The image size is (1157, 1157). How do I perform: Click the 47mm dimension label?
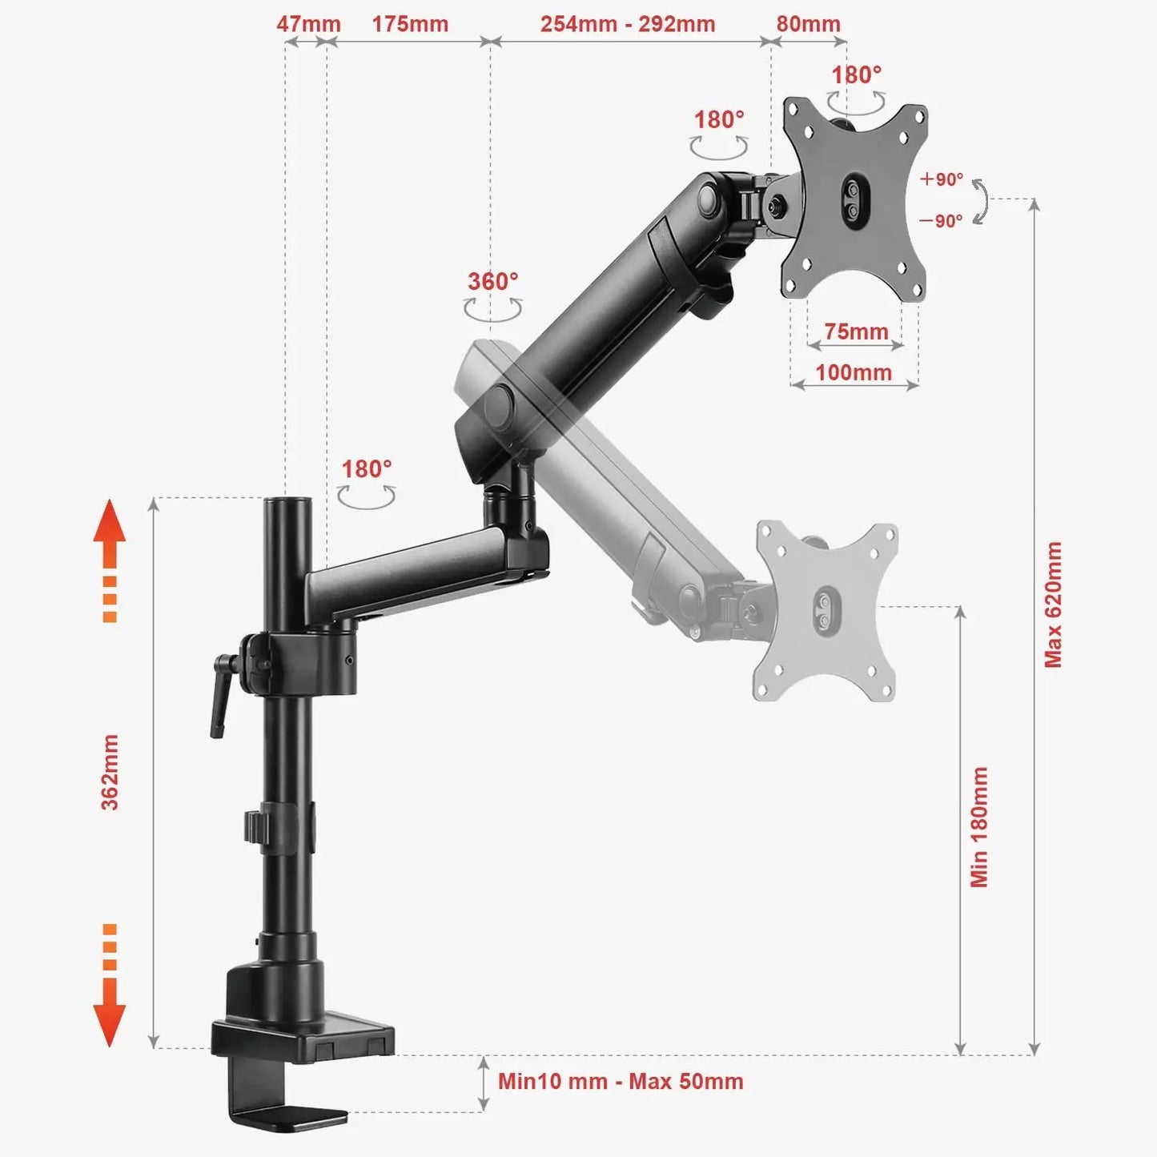coord(308,25)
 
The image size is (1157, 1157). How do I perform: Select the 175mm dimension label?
coord(410,25)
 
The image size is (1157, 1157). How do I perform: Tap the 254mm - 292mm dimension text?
coord(628,25)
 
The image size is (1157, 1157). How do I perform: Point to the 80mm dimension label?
coord(808,25)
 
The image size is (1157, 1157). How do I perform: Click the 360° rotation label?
coord(493,281)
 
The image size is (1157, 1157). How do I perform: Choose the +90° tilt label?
coord(942,179)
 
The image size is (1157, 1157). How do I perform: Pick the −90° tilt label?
coord(940,221)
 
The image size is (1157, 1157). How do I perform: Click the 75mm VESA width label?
coord(856,331)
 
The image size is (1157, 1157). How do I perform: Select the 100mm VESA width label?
coord(854,373)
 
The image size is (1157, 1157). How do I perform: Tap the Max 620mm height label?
coord(1053,605)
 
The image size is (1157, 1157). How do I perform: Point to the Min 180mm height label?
coord(979,827)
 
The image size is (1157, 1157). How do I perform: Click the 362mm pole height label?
coord(110,772)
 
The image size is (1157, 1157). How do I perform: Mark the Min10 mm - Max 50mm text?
coord(621,1082)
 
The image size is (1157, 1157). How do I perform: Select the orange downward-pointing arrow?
coord(109,986)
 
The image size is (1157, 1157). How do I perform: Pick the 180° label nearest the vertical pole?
coord(367,468)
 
